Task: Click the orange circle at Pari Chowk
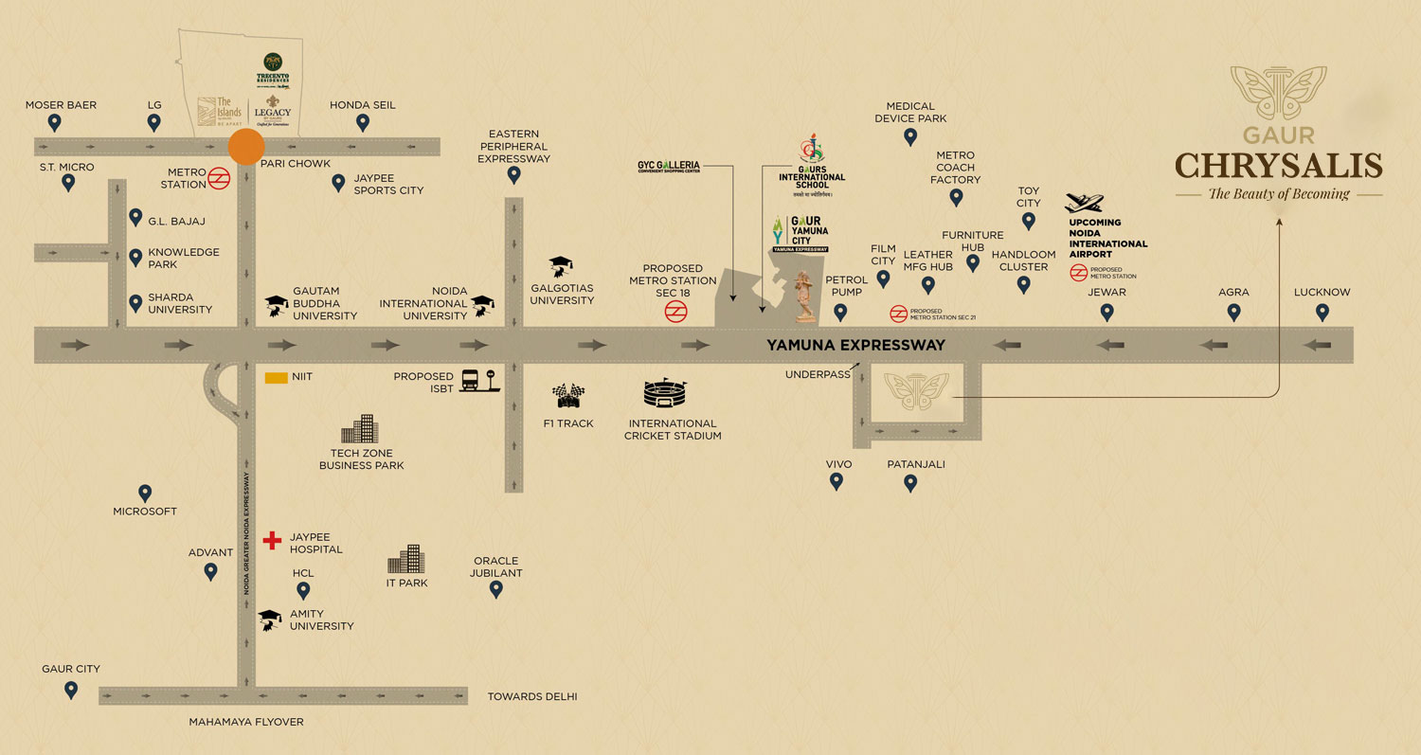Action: click(246, 147)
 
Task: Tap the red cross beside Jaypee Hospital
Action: click(272, 540)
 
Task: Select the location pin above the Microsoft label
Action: click(145, 494)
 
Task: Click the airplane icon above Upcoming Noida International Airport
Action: click(1085, 204)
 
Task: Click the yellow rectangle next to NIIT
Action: click(277, 377)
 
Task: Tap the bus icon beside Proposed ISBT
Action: click(471, 380)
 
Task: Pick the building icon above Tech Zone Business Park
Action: click(360, 430)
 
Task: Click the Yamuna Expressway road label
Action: click(855, 346)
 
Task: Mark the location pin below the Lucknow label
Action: click(1322, 312)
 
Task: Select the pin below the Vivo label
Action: click(836, 481)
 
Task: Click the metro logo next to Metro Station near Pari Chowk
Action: click(219, 177)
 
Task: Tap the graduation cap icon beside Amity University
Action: click(271, 620)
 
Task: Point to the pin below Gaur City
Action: click(71, 690)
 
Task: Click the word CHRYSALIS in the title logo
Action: click(1278, 166)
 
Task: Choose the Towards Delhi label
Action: click(531, 697)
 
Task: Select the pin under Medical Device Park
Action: click(910, 136)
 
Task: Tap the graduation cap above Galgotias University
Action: click(561, 265)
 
